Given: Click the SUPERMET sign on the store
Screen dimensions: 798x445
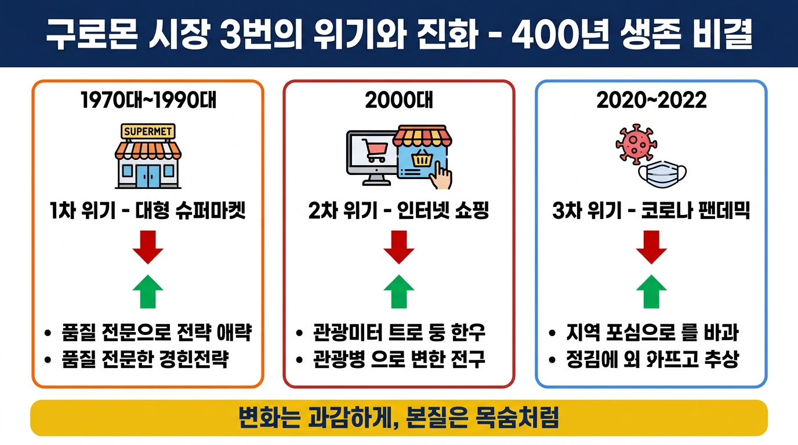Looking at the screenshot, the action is pyautogui.click(x=148, y=132).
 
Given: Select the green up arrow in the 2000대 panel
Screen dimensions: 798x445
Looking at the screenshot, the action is pyautogui.click(x=399, y=290).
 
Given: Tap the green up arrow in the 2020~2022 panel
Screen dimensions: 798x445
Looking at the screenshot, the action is pyautogui.click(x=651, y=290).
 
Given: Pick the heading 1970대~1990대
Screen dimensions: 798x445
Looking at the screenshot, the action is pyautogui.click(x=148, y=100).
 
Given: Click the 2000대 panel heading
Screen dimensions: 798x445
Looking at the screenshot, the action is pyautogui.click(x=399, y=100).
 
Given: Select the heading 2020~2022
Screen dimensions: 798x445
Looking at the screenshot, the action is pyautogui.click(x=651, y=100).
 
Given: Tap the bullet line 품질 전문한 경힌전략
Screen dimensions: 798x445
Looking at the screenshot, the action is pyautogui.click(x=144, y=360).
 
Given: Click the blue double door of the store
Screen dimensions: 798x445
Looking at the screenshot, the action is pyautogui.click(x=148, y=174).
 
